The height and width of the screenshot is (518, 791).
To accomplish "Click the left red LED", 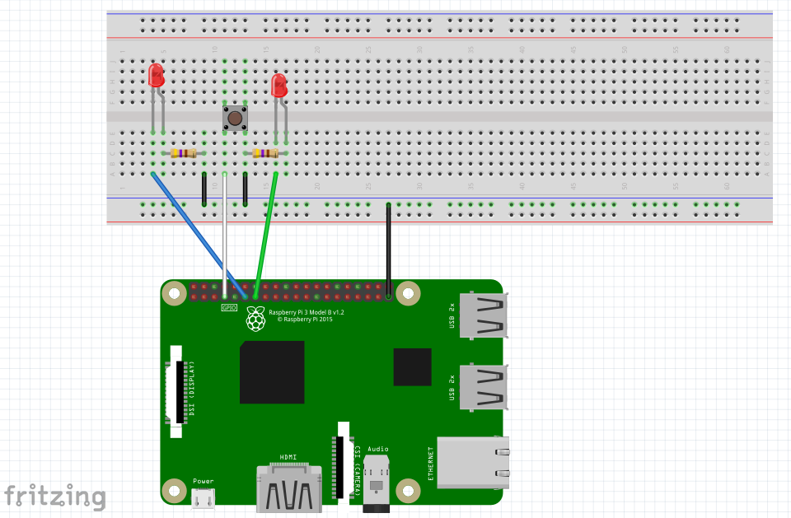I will [156, 77].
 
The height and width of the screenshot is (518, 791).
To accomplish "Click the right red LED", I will [279, 85].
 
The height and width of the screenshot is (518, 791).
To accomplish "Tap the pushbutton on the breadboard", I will [235, 119].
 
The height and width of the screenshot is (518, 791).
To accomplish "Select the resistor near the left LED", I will [183, 153].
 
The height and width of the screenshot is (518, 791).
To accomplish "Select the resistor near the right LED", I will [264, 153].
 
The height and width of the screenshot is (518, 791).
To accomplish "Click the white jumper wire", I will [224, 239].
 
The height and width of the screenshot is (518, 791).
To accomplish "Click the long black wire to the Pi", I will [388, 247].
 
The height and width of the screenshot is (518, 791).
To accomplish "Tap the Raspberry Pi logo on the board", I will [256, 319].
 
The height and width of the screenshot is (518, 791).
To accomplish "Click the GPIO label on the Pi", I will [229, 307].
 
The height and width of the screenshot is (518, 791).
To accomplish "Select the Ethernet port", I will [473, 462].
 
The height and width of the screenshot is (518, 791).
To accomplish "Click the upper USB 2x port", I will [484, 315].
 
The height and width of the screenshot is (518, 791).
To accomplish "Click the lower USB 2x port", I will [484, 386].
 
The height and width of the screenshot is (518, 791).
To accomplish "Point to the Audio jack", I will [377, 481].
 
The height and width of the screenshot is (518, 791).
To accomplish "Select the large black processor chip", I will [272, 372].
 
